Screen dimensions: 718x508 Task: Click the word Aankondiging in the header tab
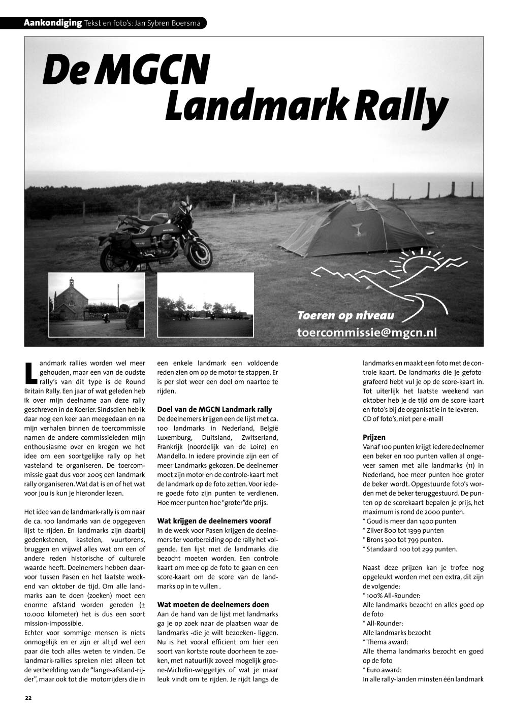click(53, 23)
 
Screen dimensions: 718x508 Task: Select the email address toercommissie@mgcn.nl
click(367, 332)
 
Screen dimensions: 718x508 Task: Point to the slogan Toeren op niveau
click(345, 316)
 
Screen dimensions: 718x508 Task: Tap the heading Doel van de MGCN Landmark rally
click(214, 409)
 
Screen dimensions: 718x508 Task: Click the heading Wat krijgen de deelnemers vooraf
click(214, 521)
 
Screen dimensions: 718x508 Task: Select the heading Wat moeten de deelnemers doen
click(213, 605)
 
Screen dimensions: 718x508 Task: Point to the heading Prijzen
click(374, 437)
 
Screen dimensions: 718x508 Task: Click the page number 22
click(28, 698)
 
